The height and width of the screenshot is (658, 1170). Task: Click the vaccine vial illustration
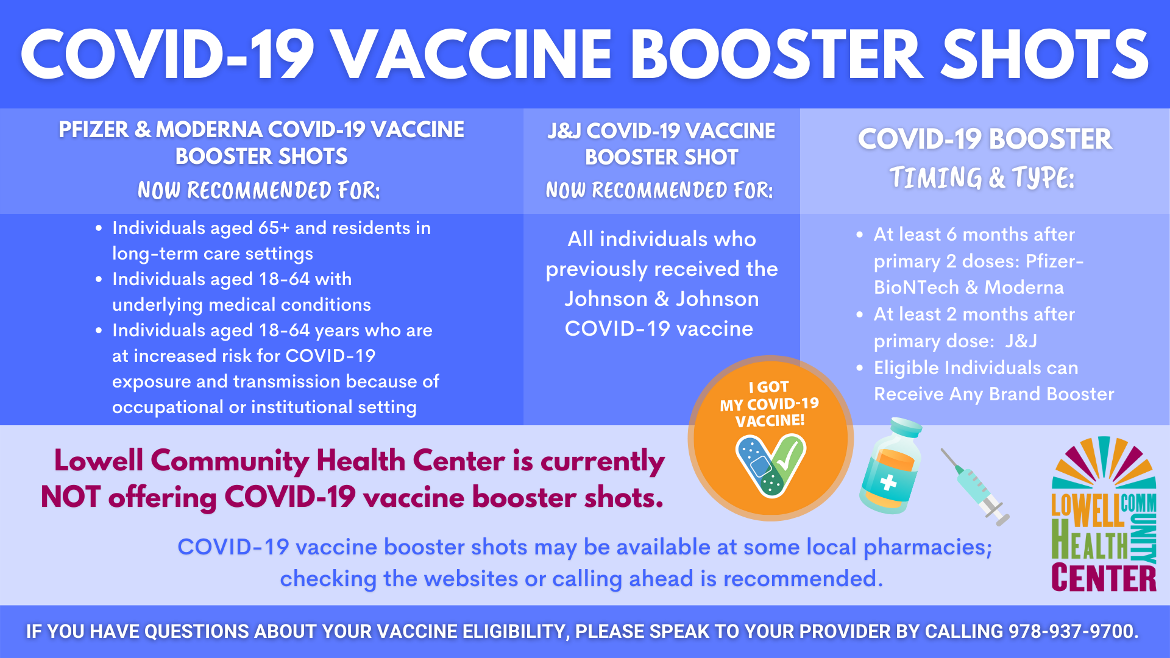pos(890,465)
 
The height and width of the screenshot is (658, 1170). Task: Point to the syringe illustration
pos(975,487)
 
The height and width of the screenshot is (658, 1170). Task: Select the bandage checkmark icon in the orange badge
pos(771,464)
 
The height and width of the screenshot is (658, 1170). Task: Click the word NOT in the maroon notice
pos(70,497)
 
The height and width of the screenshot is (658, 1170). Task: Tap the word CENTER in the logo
pos(1104,578)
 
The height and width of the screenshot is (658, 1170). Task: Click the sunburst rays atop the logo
pos(1104,462)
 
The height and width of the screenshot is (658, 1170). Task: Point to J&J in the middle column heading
pos(564,131)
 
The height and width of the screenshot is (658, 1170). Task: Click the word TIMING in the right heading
pos(936,178)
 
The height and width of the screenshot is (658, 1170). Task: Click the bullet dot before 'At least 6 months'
pos(860,235)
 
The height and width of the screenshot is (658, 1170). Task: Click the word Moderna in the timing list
pos(1024,287)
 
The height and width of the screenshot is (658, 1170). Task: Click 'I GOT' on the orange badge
pos(769,387)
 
